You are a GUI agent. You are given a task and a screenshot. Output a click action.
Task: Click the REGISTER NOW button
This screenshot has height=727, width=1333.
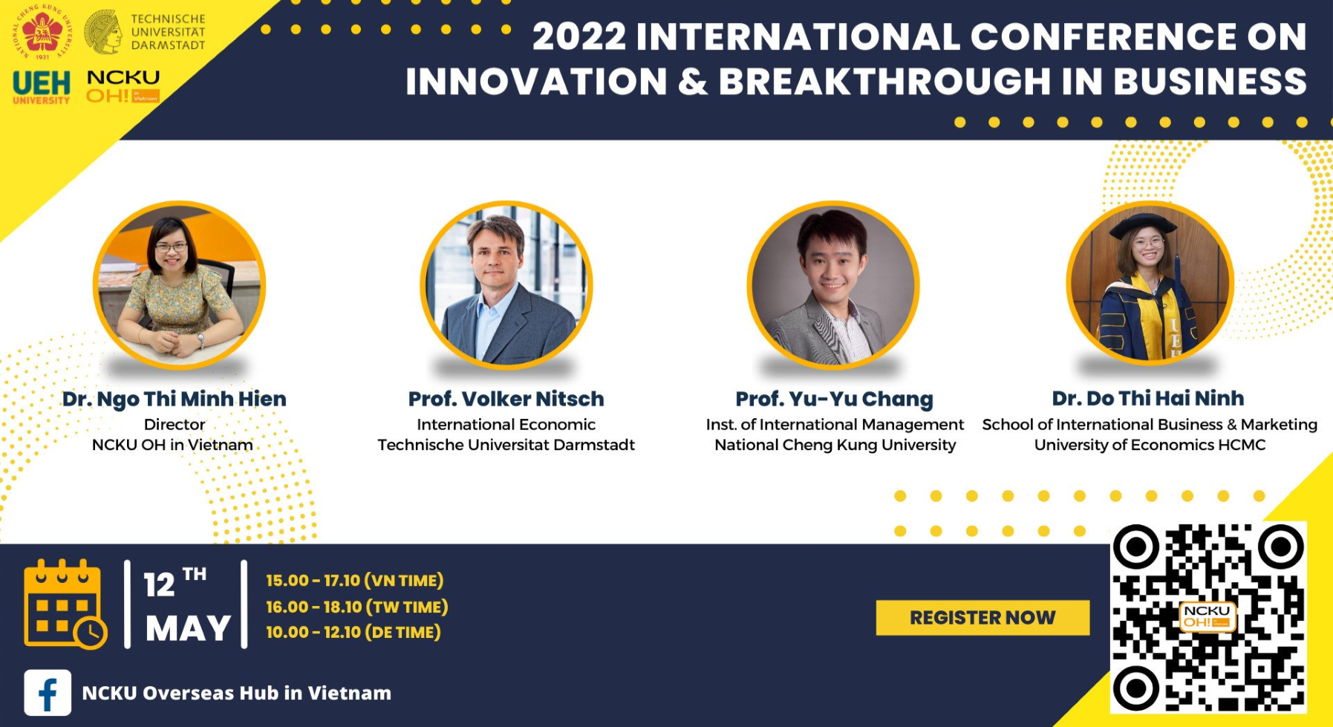[982, 618]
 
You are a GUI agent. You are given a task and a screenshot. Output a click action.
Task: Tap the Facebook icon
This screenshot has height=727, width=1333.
[48, 693]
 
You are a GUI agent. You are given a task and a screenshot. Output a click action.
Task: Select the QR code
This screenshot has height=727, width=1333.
[1208, 618]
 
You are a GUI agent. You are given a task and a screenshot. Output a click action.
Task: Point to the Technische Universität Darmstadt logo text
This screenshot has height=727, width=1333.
[168, 32]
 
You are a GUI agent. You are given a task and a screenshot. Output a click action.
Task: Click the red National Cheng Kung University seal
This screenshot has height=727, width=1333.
[42, 32]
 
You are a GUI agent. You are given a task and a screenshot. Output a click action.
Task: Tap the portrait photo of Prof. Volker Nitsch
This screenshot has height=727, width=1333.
[506, 285]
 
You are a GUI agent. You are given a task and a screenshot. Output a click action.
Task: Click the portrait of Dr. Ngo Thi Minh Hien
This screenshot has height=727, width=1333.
[179, 285]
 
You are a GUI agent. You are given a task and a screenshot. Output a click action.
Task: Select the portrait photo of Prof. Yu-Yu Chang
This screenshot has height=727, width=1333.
[833, 285]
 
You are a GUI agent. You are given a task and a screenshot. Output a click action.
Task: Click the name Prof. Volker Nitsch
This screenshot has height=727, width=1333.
[506, 399]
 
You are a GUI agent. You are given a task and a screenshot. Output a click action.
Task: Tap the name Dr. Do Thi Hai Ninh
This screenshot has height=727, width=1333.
[1148, 398]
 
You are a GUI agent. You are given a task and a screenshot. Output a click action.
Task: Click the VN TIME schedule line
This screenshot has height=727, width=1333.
[355, 581]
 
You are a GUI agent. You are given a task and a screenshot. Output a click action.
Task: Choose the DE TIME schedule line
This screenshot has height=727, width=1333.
[353, 632]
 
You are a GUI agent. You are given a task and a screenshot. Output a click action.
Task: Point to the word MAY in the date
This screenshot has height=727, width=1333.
[189, 629]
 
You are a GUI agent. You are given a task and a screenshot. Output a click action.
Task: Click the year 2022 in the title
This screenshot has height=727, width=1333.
[579, 36]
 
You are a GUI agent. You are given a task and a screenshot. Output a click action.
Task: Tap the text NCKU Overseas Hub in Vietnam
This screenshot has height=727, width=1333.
[236, 693]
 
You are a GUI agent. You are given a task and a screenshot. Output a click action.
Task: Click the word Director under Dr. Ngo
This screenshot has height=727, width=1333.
[175, 424]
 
